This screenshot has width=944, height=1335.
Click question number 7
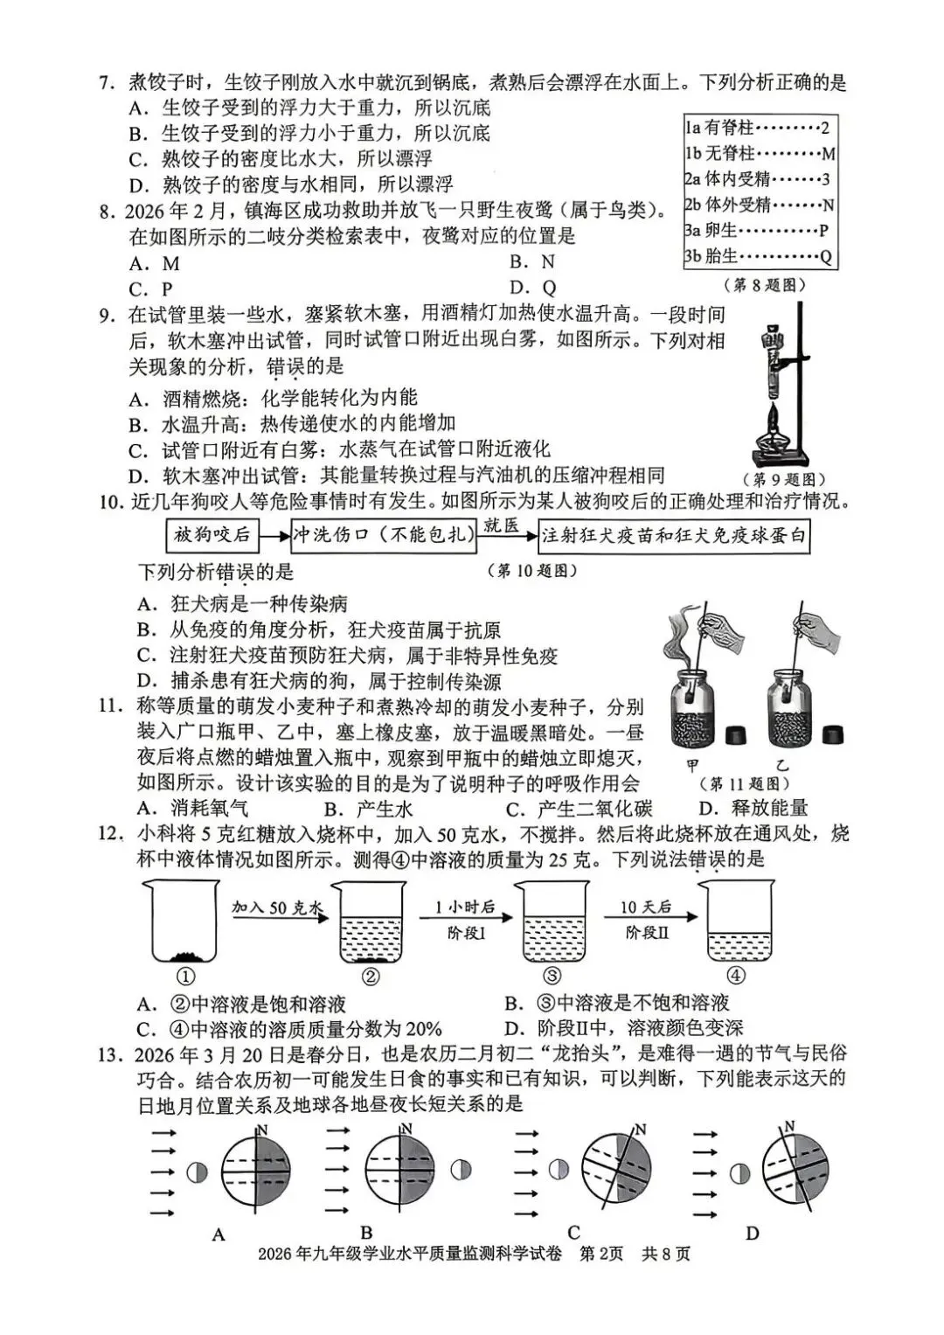(105, 84)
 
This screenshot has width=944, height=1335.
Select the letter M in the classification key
(829, 154)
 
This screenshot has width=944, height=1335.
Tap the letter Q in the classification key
(826, 257)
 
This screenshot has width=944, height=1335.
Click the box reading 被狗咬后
(212, 534)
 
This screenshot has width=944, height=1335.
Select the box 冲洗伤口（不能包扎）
(382, 534)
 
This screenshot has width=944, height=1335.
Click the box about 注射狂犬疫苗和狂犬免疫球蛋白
(673, 534)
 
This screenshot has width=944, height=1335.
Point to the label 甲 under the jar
(693, 765)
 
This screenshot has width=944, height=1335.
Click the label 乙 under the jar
(782, 765)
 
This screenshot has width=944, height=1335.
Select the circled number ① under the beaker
(185, 977)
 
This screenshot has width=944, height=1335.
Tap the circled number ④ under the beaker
(736, 977)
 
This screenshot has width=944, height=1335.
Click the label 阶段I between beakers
(466, 933)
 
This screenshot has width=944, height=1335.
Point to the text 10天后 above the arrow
(645, 907)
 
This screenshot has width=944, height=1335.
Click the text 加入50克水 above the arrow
(277, 907)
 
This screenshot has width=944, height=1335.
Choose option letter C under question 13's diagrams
(573, 1233)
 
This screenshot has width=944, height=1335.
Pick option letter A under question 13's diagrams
(219, 1234)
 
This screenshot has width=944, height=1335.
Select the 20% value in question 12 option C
(423, 1028)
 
